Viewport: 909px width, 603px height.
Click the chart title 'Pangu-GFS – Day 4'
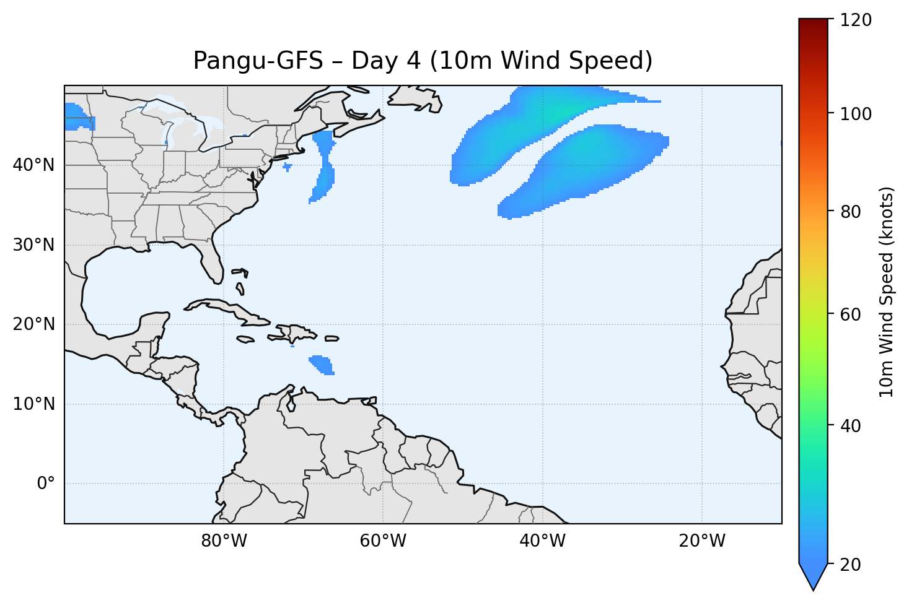(x=423, y=61)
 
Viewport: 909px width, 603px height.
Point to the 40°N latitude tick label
(x=33, y=165)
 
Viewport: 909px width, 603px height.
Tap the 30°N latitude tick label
(x=33, y=245)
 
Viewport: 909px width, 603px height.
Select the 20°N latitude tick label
(x=33, y=324)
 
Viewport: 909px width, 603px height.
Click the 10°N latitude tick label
(x=33, y=404)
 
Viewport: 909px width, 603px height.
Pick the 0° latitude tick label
(x=46, y=484)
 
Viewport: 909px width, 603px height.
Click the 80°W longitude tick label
(x=224, y=541)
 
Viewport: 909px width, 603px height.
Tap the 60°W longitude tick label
(x=383, y=541)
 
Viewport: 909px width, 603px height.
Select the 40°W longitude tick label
(x=542, y=541)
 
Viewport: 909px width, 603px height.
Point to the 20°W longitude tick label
(x=701, y=541)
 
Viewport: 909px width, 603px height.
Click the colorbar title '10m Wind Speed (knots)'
(x=887, y=292)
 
